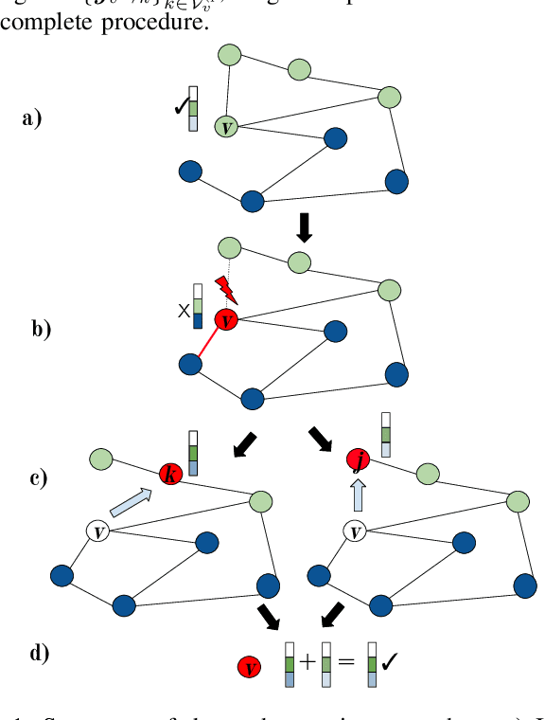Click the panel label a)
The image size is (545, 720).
(x=31, y=119)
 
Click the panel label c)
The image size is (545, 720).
(x=39, y=477)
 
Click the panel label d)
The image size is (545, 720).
(x=39, y=653)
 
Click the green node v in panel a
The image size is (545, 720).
(x=225, y=125)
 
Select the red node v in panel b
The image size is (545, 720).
(x=225, y=320)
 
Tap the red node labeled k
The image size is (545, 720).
(x=170, y=475)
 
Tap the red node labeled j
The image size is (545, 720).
(x=356, y=460)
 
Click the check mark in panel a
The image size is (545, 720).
(x=179, y=107)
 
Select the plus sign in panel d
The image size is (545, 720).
(x=307, y=662)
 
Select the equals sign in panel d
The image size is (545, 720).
(x=346, y=662)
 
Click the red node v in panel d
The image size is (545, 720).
(x=250, y=667)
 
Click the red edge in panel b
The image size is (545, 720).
(x=208, y=342)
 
